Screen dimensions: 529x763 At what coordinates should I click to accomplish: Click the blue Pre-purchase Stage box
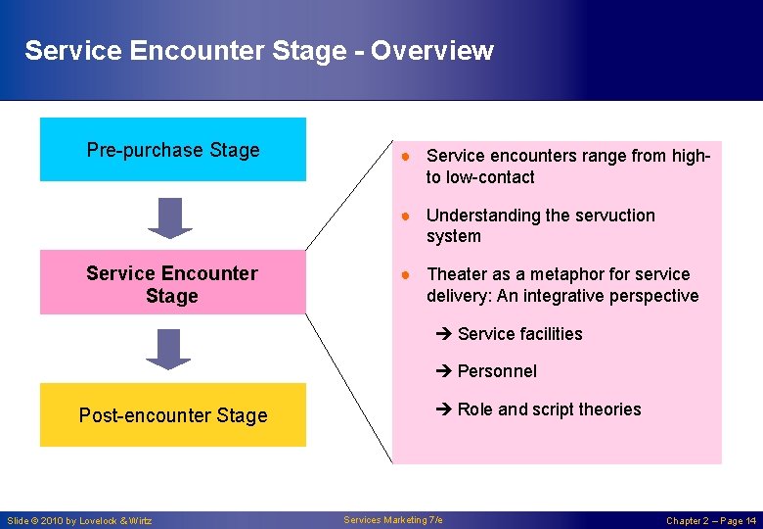click(172, 150)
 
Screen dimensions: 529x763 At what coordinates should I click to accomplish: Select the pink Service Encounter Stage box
click(172, 283)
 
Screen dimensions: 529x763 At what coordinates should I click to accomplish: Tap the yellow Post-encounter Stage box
click(172, 415)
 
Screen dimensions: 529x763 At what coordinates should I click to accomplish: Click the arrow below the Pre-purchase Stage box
click(170, 217)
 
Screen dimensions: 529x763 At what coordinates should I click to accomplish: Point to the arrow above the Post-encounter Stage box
click(170, 349)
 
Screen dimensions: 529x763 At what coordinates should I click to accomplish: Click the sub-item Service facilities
click(518, 334)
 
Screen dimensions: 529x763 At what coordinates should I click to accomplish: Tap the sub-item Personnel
click(496, 371)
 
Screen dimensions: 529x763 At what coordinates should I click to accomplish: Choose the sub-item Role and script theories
click(548, 409)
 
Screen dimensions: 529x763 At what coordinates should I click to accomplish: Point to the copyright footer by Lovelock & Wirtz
click(79, 520)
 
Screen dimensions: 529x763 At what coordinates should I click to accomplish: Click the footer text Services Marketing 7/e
click(393, 519)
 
